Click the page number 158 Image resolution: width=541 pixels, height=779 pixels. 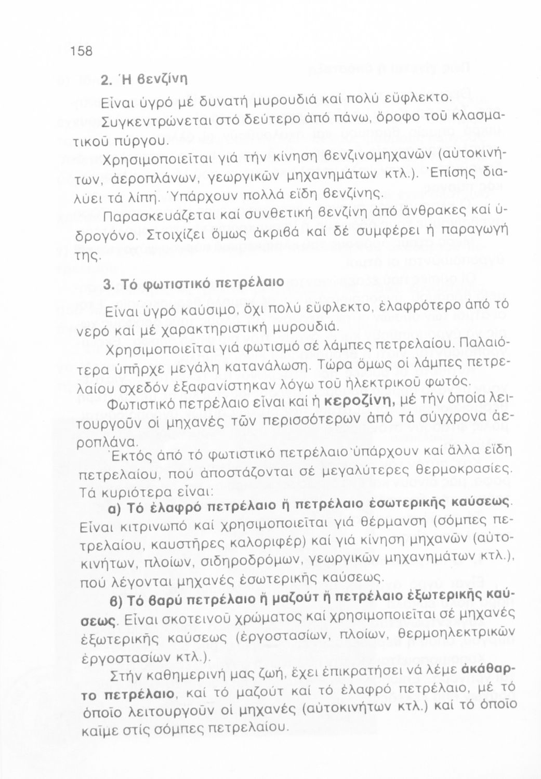[x=82, y=51]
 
